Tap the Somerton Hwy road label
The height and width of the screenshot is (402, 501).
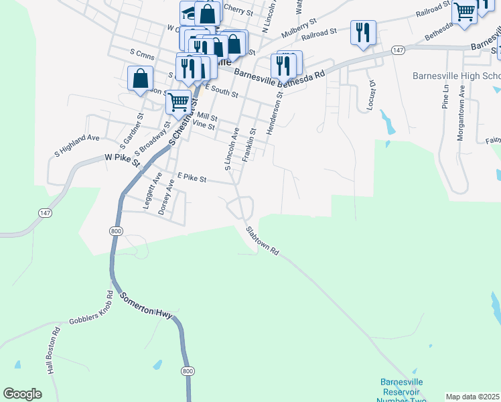[148, 308]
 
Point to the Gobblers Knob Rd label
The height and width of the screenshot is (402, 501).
[92, 313]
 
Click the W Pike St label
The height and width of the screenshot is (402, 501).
[121, 159]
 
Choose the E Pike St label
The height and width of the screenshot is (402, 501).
[192, 178]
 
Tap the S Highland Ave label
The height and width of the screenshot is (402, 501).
[76, 146]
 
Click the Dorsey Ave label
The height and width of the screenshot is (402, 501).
[166, 200]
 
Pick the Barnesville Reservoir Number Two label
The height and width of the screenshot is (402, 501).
[402, 391]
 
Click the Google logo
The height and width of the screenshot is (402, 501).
[23, 394]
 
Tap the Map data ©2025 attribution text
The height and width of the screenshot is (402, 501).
[472, 397]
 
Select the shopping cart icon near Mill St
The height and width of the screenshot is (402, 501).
[178, 103]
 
